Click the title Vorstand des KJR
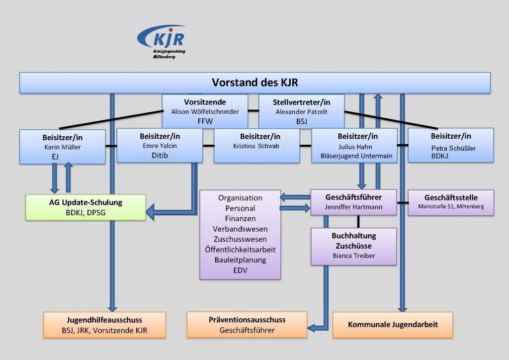coord(255,83)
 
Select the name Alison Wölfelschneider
coord(205,112)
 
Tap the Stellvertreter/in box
coord(301,111)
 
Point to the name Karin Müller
coord(62,147)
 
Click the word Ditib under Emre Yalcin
coord(160,156)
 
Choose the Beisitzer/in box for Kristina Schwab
coord(256,146)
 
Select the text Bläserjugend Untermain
coord(356,156)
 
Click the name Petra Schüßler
coord(453,148)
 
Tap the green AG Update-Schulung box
coord(85,207)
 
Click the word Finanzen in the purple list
coord(240,218)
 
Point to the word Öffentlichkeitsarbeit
coord(240,250)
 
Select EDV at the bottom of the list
coord(240,270)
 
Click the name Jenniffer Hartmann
coord(353,207)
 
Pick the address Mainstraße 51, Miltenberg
coord(451,206)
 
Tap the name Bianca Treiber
coord(354,256)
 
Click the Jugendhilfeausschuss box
coord(104,325)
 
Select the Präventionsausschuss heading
coord(247,320)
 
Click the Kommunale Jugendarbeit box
coord(393,325)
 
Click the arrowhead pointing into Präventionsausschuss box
coord(311,328)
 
